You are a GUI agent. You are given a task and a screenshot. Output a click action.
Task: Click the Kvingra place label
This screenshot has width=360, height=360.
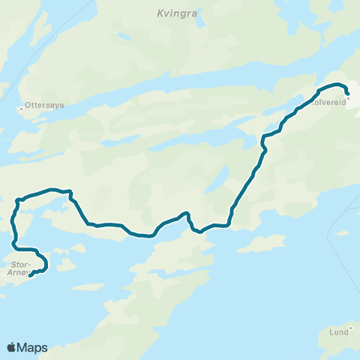pyautogui.click(x=175, y=13)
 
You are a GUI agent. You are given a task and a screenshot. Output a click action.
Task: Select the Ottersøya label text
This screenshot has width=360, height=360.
pyautogui.click(x=44, y=106)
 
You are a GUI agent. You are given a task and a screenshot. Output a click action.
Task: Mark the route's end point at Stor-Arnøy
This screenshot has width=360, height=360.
pyautogui.click(x=31, y=274)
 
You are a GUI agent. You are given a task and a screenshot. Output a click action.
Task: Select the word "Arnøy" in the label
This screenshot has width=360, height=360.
pyautogui.click(x=18, y=273)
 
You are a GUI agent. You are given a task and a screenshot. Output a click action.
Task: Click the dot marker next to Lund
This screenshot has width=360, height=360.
pyautogui.click(x=350, y=328)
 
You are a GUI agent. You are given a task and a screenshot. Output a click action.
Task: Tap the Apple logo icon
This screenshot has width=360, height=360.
pyautogui.click(x=12, y=347)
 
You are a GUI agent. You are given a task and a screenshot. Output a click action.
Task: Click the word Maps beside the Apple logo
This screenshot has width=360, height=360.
pyautogui.click(x=33, y=347)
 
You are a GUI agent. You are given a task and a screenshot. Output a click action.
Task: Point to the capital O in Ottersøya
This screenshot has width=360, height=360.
pyautogui.click(x=28, y=106)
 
